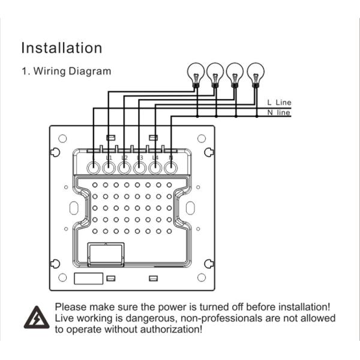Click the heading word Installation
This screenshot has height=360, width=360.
[62, 48]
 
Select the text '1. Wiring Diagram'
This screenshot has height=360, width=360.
[66, 71]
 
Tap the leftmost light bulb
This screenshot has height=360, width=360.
[195, 73]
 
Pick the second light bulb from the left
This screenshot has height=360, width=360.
[215, 73]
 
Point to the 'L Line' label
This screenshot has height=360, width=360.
[279, 103]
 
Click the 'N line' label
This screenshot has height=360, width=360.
[279, 112]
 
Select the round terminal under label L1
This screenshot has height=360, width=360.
[109, 168]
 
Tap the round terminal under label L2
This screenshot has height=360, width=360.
[124, 168]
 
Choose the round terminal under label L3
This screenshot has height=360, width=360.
[140, 168]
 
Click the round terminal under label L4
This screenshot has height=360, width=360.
[155, 168]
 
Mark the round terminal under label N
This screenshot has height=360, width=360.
[171, 168]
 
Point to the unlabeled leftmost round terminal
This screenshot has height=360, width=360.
[93, 168]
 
